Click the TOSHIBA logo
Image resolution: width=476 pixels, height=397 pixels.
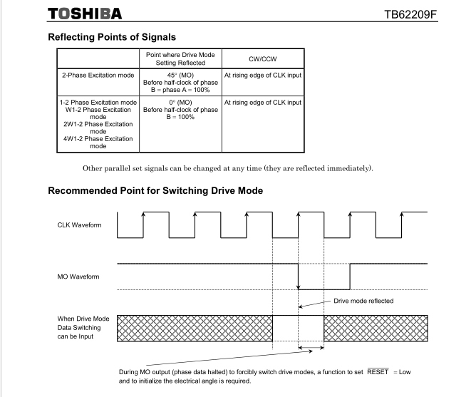[84, 14]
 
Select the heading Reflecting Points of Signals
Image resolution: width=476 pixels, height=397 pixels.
[112, 37]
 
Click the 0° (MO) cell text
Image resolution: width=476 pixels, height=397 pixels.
[180, 103]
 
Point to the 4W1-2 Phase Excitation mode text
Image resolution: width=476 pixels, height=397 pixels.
[98, 143]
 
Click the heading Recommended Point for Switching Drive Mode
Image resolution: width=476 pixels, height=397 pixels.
[155, 191]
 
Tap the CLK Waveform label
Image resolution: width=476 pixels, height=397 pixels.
[79, 225]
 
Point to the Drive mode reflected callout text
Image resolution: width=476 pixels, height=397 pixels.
[363, 301]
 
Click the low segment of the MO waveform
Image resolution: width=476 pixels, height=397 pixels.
[323, 289]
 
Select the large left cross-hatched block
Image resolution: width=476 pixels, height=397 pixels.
[195, 328]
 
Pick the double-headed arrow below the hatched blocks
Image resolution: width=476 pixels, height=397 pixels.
[311, 349]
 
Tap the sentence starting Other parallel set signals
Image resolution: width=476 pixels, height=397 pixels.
[227, 168]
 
